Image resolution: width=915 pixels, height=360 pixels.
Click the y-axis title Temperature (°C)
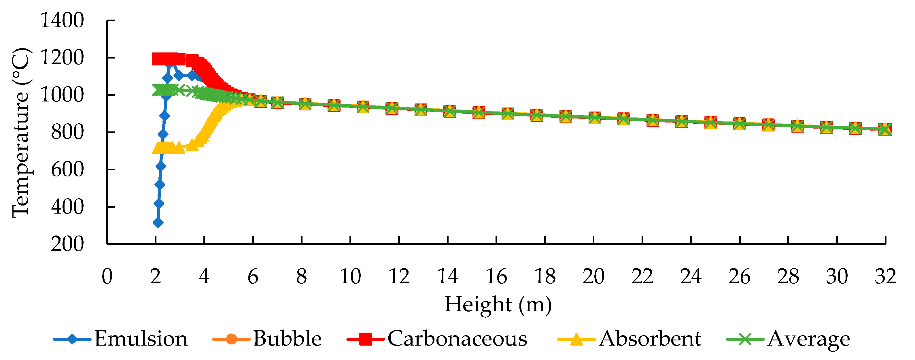(x=21, y=132)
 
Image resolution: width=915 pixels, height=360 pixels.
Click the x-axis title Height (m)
(x=498, y=305)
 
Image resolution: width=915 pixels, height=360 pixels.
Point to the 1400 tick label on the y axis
(x=62, y=21)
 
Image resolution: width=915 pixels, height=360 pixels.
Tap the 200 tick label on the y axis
(x=67, y=244)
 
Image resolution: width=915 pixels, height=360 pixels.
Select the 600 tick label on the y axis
(x=67, y=169)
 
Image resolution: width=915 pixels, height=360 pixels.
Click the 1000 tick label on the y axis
(x=62, y=95)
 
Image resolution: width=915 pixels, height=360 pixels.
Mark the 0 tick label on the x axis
(x=107, y=276)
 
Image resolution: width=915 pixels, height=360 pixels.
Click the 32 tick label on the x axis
(x=885, y=276)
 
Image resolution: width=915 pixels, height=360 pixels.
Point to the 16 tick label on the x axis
(x=496, y=276)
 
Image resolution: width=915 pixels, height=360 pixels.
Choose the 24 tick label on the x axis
(x=691, y=276)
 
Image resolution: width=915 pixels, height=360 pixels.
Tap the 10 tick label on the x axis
(x=350, y=276)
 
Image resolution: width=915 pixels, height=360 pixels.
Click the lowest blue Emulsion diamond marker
(x=158, y=223)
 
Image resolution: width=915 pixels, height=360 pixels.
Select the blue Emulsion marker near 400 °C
(x=159, y=203)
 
